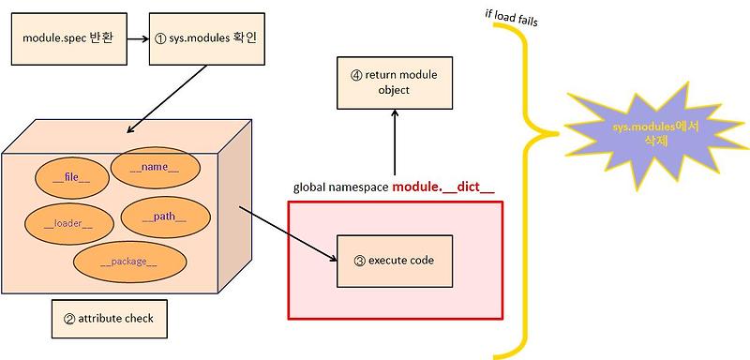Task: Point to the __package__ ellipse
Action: [128, 262]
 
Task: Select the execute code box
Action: [394, 261]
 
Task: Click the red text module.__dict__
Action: [442, 187]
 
